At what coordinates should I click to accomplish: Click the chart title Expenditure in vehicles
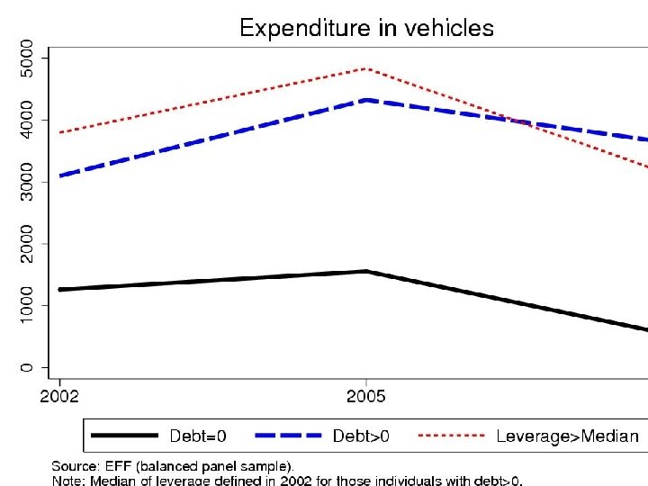tap(365, 28)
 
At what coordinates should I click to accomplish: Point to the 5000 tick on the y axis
tap(30, 58)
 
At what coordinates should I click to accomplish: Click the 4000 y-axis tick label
tap(30, 121)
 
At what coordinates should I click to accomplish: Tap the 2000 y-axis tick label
tap(30, 244)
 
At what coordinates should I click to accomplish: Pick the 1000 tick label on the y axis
tap(30, 306)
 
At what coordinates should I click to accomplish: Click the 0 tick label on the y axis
tap(30, 367)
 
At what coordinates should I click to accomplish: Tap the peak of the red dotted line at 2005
tap(365, 68)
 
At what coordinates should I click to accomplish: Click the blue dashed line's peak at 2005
tap(365, 100)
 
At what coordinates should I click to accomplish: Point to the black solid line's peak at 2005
tap(365, 271)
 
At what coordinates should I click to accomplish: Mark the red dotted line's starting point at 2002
tap(59, 133)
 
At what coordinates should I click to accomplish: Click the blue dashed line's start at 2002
tap(59, 175)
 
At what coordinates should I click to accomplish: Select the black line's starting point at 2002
tap(59, 290)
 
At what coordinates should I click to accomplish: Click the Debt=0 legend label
tap(198, 436)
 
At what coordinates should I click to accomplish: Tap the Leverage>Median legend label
tap(567, 436)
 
